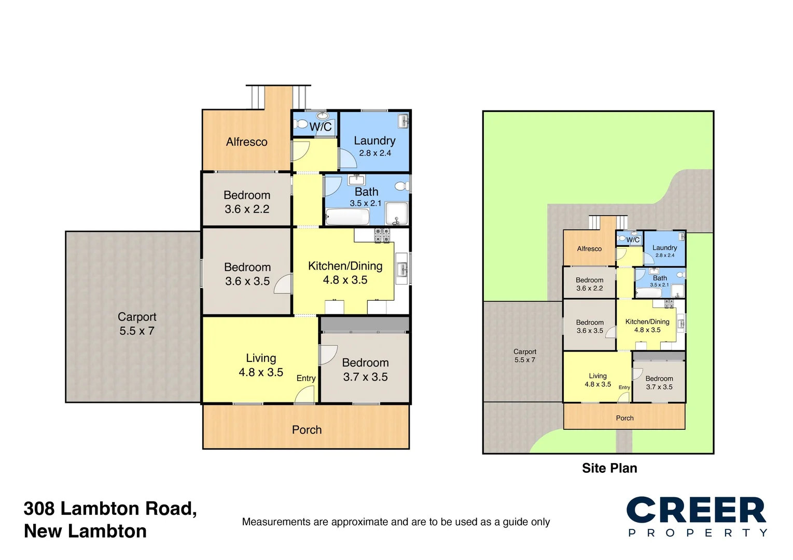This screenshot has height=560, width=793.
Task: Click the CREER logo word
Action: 696,510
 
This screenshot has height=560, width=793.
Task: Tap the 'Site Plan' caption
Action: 609,468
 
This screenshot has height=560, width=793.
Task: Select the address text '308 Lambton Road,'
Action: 110,509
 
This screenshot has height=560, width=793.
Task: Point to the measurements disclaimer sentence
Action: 396,522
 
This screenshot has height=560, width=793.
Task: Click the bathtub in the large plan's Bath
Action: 347,217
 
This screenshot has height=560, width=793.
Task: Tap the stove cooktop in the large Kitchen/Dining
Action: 382,235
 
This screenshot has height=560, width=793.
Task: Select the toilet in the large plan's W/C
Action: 301,124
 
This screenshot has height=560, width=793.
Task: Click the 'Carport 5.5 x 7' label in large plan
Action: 137,324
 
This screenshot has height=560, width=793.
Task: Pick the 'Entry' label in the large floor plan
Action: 306,379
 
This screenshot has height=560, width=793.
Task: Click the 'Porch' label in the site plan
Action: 624,418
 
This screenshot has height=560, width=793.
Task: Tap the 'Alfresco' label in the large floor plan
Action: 246,142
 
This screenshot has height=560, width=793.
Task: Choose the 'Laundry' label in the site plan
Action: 664,248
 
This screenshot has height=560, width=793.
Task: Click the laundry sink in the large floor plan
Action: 404,121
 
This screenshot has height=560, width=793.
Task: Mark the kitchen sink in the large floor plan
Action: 402,269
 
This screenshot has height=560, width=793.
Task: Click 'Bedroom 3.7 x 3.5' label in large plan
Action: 365,370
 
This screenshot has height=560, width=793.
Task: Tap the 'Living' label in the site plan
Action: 597,376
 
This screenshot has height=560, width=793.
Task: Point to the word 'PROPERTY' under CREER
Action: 697,533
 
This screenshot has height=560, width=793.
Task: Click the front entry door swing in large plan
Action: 305,395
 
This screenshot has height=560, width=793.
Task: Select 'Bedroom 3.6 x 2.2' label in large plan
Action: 247,202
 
